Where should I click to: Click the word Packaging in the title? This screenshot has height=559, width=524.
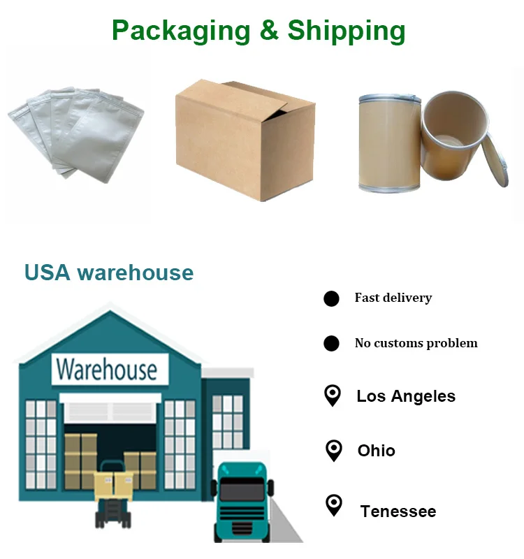point(180,31)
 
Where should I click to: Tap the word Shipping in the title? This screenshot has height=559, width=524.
point(347,31)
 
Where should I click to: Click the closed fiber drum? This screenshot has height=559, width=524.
point(389,143)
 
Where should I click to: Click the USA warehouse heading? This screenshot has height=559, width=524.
point(109,273)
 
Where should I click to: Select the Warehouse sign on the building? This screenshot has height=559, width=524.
point(109,369)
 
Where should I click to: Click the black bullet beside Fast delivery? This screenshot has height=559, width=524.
point(331,299)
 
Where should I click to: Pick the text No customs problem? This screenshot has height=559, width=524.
point(416,343)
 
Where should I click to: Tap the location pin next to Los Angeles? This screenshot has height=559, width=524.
point(333,395)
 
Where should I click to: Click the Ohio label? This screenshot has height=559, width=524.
point(376,451)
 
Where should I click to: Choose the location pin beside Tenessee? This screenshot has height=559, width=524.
point(334,505)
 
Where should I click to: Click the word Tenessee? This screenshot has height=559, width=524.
point(398,511)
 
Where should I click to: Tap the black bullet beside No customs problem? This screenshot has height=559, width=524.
point(331,344)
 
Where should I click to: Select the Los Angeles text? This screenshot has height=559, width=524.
point(405,396)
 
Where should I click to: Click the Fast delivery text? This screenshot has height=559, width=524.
point(393,298)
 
